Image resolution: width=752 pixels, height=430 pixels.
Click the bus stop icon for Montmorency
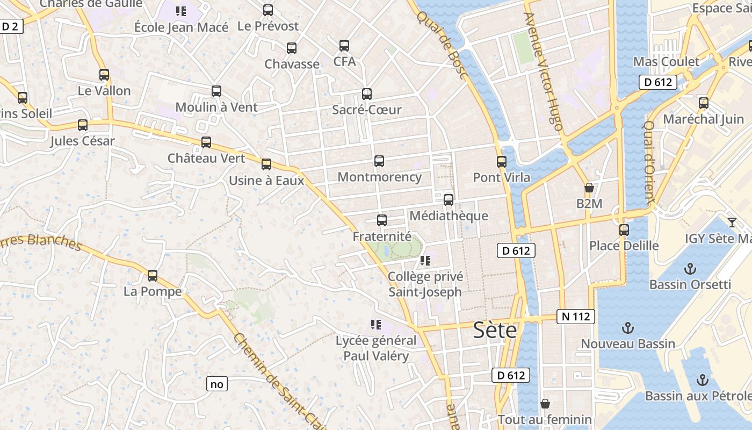pyautogui.click(x=379, y=161)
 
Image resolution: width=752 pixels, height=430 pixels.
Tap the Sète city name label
pyautogui.click(x=495, y=330)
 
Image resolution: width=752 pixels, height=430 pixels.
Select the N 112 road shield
pyautogui.click(x=576, y=317)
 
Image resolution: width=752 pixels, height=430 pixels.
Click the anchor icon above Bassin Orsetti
pyautogui.click(x=690, y=268)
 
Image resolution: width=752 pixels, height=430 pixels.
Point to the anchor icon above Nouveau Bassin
pyautogui.click(x=627, y=327)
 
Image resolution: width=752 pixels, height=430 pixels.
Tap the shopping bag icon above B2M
pyautogui.click(x=589, y=188)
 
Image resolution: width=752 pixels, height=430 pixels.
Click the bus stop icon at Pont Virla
pyautogui.click(x=501, y=161)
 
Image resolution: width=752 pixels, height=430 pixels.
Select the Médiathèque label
pyautogui.click(x=449, y=216)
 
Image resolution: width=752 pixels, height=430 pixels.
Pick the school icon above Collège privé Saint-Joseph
pyautogui.click(x=425, y=261)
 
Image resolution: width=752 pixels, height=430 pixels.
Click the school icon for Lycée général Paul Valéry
pyautogui.click(x=375, y=324)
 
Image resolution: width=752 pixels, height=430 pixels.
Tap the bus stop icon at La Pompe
pyautogui.click(x=153, y=276)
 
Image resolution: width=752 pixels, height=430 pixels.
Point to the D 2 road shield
pyautogui.click(x=11, y=26)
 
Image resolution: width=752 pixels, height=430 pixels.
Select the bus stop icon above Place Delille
pyautogui.click(x=624, y=230)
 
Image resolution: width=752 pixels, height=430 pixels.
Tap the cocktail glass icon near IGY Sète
pyautogui.click(x=732, y=222)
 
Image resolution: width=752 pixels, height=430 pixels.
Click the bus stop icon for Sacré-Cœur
pyautogui.click(x=367, y=94)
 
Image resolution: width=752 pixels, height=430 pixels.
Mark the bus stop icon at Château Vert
pyautogui.click(x=206, y=142)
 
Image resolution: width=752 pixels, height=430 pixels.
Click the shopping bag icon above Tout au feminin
pyautogui.click(x=545, y=403)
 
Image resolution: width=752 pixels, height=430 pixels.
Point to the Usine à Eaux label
pyautogui.click(x=266, y=181)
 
